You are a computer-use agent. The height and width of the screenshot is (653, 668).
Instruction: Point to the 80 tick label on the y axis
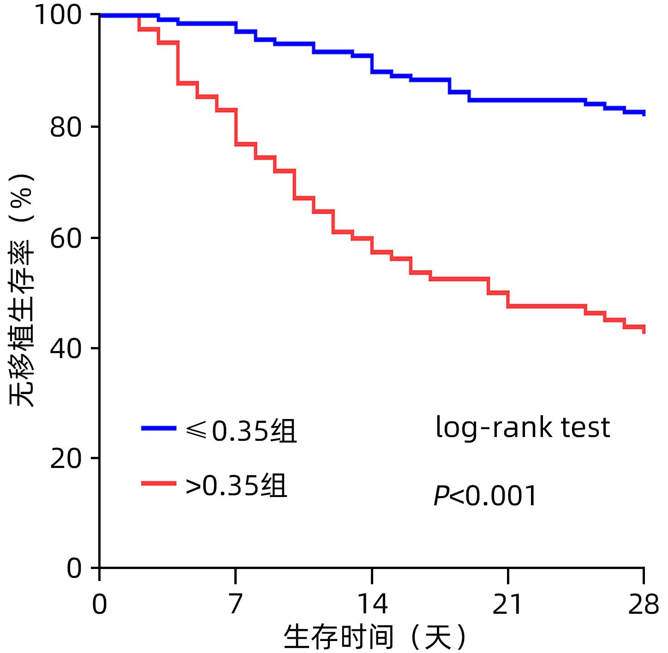point(66,127)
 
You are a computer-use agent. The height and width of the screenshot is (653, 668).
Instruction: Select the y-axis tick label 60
point(66,238)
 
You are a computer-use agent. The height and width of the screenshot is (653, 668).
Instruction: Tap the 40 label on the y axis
point(66,348)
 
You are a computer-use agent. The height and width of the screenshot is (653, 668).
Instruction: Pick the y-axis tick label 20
point(66,458)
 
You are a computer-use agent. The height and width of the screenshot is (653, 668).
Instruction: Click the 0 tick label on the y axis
point(74,568)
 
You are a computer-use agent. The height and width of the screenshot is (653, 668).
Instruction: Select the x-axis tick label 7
point(235,604)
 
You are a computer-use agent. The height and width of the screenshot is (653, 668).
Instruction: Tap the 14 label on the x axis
point(372,604)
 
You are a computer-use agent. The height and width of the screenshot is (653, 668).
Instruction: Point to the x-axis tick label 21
point(507,604)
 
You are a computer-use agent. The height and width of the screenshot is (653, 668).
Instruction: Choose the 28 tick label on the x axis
point(643,604)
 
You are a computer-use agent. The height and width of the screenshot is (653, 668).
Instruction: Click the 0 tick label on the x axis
point(100,604)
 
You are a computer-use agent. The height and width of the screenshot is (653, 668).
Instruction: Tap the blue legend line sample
point(159,429)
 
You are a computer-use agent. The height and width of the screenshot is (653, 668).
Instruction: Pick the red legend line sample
point(159,484)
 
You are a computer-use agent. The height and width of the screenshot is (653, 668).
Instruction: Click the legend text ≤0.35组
point(241,431)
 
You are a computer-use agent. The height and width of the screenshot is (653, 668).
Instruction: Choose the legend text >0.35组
point(236,485)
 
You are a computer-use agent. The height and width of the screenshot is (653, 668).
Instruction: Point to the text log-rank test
point(523,427)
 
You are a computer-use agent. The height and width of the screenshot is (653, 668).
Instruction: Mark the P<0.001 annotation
point(485,496)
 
